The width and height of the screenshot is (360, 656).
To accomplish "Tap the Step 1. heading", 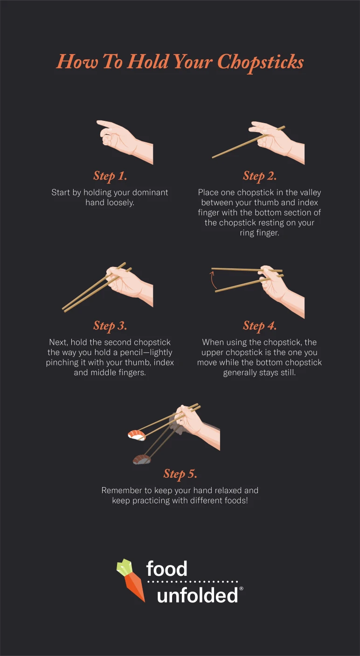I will (110, 176).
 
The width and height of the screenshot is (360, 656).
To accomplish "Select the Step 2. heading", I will (260, 176).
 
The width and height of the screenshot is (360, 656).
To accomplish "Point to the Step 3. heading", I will (110, 325).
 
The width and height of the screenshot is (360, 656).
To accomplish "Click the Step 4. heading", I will (260, 325).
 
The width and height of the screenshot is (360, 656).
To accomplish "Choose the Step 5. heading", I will (180, 474).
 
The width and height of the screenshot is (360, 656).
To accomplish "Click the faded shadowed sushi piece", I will (142, 460).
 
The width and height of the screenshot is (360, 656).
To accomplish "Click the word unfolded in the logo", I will (197, 595).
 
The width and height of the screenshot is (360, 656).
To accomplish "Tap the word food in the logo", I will (166, 569).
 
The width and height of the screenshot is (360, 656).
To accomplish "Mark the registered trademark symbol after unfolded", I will (241, 589).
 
